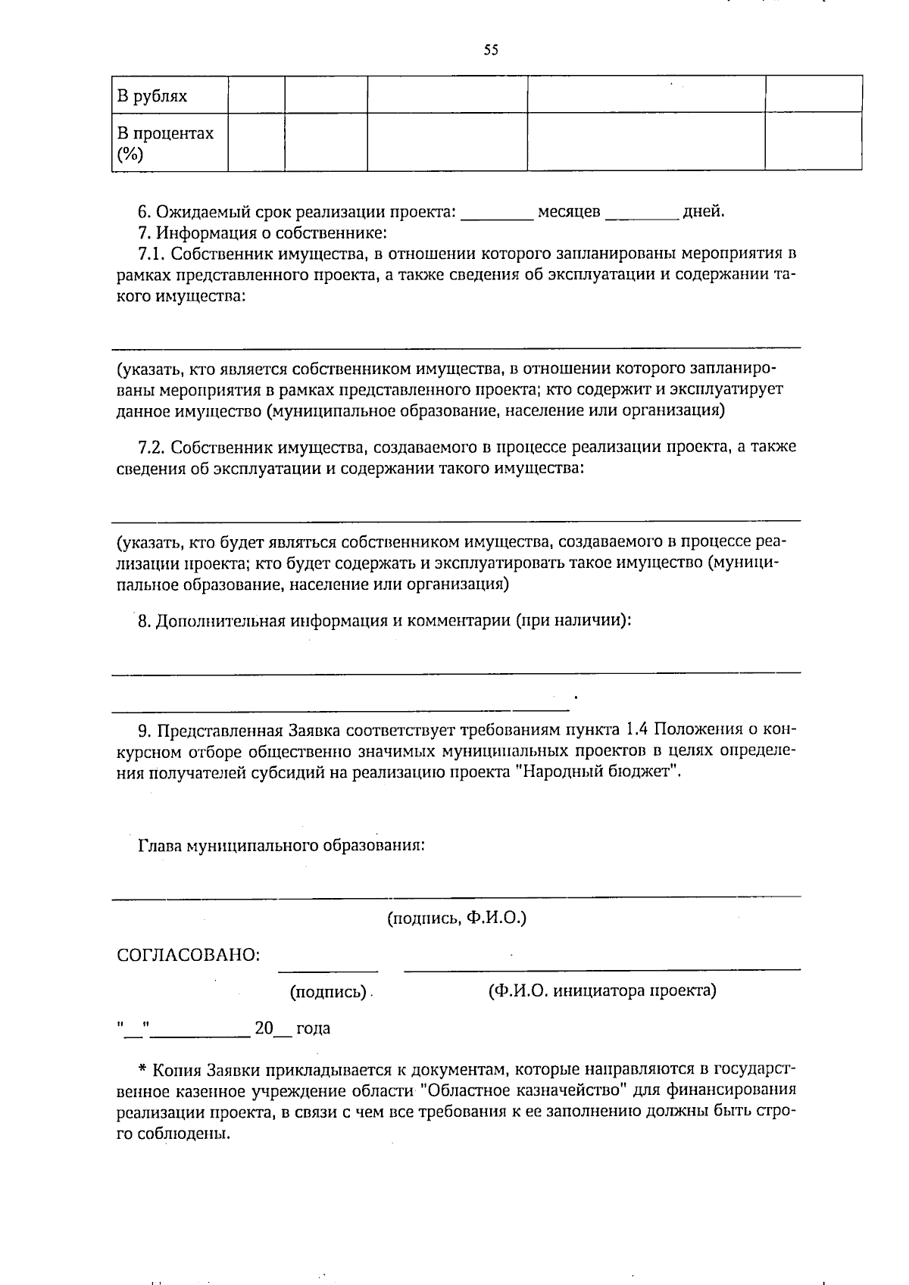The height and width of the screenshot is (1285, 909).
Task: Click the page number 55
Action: [491, 51]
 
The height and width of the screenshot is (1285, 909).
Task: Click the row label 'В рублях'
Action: [152, 96]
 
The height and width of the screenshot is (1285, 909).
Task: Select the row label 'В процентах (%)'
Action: [165, 143]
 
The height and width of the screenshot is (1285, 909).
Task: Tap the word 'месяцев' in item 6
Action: [569, 212]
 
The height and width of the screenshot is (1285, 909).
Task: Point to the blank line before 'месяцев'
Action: [497, 217]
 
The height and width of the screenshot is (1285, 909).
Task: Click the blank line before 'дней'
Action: [642, 217]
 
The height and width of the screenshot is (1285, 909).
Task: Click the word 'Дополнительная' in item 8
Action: [217, 621]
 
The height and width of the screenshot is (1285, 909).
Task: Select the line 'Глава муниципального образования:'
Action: [281, 845]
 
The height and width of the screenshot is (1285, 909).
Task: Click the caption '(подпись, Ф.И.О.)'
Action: [457, 919]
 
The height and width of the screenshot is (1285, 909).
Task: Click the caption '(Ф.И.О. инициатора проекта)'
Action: [602, 990]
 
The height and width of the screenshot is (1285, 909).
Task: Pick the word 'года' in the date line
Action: [313, 1028]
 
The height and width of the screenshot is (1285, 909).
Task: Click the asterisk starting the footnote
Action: [142, 1070]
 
